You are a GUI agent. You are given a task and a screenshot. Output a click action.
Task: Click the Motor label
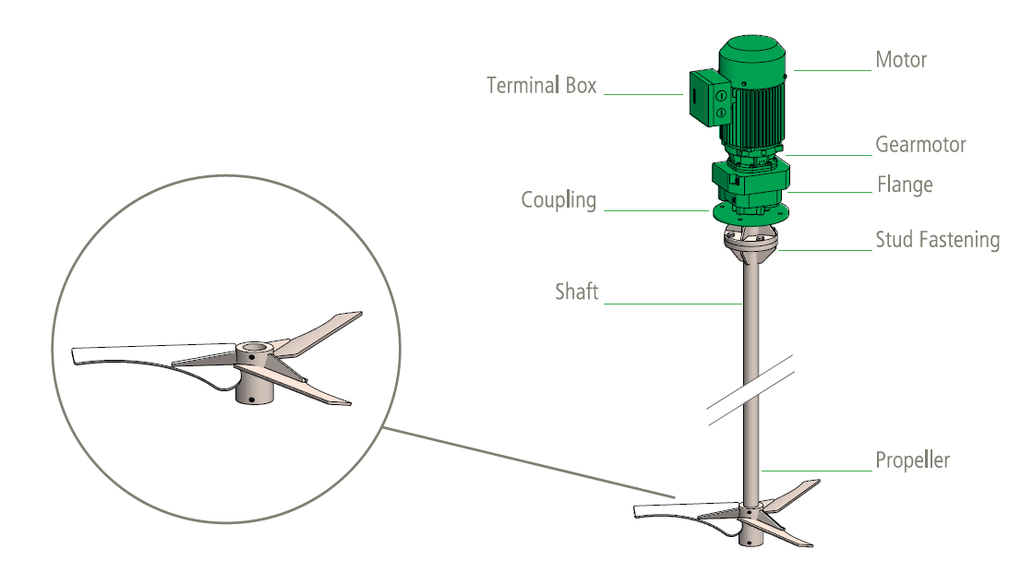[x=901, y=60]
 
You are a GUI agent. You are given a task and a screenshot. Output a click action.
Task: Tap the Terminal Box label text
[x=541, y=86]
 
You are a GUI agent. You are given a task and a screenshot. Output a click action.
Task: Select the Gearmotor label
[x=921, y=145]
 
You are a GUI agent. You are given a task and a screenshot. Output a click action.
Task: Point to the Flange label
[x=905, y=185]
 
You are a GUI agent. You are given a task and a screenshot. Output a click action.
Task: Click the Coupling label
[x=559, y=200]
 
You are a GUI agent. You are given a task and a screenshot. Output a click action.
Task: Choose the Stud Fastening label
[x=938, y=240]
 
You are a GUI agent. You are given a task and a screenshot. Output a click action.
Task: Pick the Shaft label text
[x=577, y=292]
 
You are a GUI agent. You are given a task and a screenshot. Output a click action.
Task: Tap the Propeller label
[x=912, y=460]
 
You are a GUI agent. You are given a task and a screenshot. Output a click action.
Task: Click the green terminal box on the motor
[x=708, y=97]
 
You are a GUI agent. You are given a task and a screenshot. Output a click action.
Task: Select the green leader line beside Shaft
[x=672, y=304]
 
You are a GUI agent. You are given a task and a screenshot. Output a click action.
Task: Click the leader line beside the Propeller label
[x=817, y=471]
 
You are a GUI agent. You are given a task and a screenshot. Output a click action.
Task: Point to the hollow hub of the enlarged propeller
[x=254, y=373]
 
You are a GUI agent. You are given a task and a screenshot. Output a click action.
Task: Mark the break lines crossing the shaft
[x=751, y=390]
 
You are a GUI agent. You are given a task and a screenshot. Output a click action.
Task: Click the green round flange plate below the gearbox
[x=751, y=213]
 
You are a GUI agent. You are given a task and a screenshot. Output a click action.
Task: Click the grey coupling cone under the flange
[x=751, y=245]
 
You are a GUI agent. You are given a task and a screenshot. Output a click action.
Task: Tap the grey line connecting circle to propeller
[x=529, y=462]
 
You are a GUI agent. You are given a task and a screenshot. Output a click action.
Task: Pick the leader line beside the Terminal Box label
[x=643, y=94]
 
